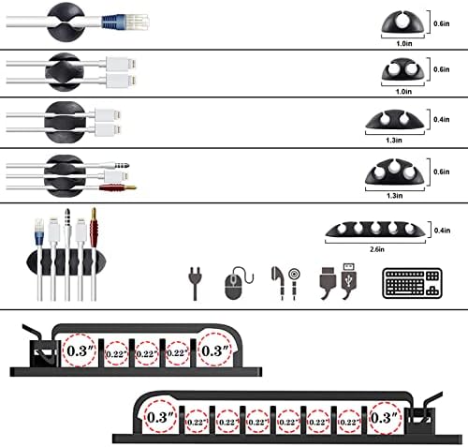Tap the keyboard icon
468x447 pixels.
(x=411, y=283)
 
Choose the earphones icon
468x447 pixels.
(x=284, y=283)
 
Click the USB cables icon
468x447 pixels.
(x=336, y=283)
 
